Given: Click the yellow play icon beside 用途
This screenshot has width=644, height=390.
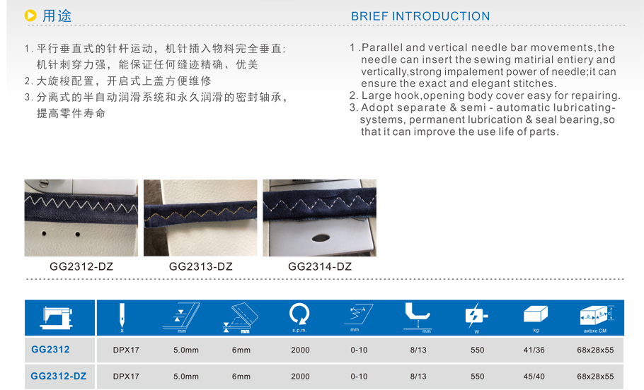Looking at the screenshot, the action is [x=30, y=16].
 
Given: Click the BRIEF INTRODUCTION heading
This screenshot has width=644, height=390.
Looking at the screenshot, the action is [x=420, y=16].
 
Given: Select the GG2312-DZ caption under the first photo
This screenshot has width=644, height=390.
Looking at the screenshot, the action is [x=81, y=266].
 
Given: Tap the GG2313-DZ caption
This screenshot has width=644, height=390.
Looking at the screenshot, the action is [x=201, y=266].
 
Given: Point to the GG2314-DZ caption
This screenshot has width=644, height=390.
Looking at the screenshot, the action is [x=320, y=266].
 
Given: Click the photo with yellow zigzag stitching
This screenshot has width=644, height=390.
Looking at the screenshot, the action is [x=200, y=218].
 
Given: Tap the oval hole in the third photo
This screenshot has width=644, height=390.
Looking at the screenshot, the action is [x=321, y=238].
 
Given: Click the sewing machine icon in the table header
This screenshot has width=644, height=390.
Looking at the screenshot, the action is [x=57, y=317].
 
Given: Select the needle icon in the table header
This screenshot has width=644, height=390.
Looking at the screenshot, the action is [x=122, y=317].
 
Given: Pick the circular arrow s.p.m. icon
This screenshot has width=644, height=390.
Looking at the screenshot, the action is [x=299, y=315].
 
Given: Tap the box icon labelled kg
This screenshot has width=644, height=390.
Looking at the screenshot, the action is [x=536, y=314].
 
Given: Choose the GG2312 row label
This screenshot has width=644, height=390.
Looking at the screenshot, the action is [x=50, y=350].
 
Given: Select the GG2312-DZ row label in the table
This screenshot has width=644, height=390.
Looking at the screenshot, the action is [x=59, y=376].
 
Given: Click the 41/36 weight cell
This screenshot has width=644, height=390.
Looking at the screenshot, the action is [x=534, y=350].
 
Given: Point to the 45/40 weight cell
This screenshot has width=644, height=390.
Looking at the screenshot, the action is [x=534, y=377].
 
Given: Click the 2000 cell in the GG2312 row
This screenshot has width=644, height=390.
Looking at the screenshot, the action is [x=300, y=350].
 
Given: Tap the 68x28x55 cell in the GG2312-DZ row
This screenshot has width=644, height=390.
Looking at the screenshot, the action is [x=595, y=377].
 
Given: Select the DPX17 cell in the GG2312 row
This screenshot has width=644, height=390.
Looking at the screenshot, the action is [x=126, y=350].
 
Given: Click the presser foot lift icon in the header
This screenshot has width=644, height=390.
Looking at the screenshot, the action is [x=418, y=317].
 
